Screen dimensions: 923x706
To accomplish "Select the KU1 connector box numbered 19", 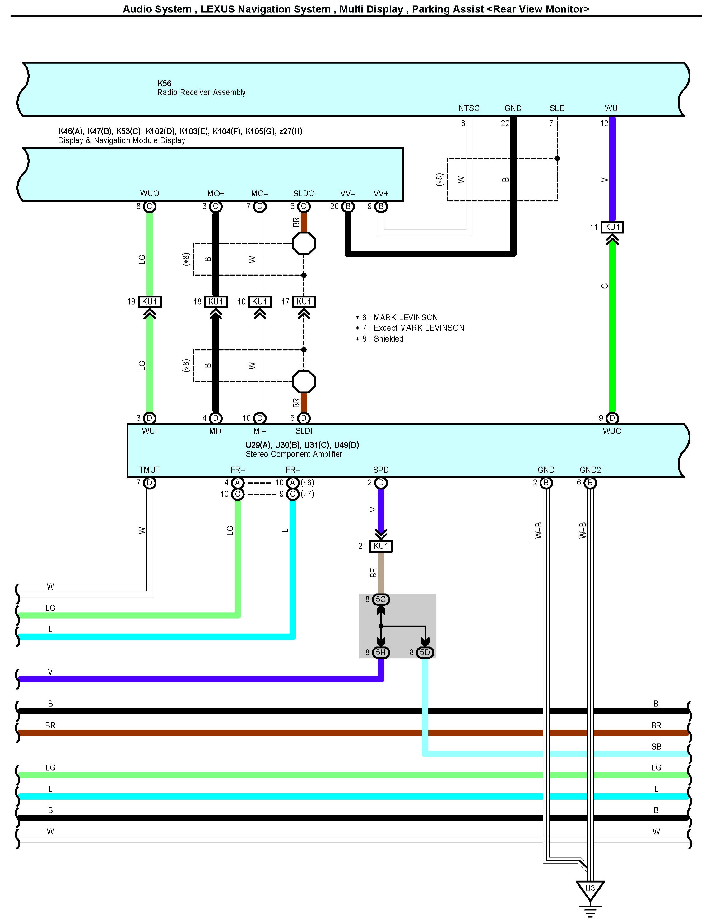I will click(150, 301).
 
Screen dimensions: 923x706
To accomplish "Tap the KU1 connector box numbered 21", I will click(381, 546).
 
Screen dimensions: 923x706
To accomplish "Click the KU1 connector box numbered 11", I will click(612, 227).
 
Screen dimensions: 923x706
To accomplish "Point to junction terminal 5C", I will click(381, 599).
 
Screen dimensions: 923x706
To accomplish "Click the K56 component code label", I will click(164, 84).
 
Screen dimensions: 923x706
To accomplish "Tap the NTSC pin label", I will click(469, 108).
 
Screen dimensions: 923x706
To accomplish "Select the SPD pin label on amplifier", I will click(381, 470).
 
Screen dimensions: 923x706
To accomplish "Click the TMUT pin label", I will click(150, 470).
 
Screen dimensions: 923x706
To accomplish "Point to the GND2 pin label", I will click(590, 470).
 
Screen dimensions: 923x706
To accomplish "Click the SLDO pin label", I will click(304, 194).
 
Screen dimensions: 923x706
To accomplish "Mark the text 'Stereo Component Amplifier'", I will click(294, 454).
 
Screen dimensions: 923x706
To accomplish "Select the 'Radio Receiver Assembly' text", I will click(201, 92).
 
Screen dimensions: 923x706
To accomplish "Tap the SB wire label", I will click(656, 746).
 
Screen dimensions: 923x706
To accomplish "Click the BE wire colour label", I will click(373, 573).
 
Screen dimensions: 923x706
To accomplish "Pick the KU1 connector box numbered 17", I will click(304, 301).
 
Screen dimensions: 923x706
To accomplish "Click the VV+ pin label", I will click(381, 194).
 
